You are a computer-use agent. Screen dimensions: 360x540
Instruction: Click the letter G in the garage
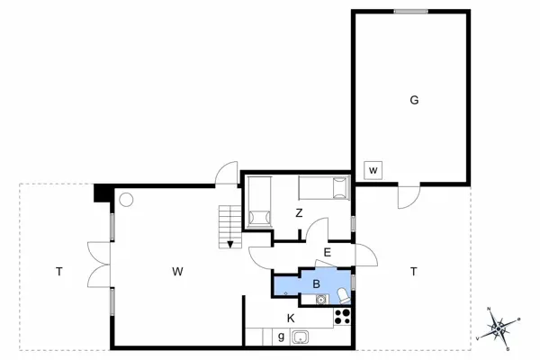point(414,100)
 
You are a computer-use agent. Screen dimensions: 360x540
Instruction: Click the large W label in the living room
point(178,270)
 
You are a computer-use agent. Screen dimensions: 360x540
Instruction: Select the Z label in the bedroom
point(299,213)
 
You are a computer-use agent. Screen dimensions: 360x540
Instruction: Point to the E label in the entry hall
point(328,252)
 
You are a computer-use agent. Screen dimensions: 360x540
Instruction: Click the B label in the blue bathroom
point(316,283)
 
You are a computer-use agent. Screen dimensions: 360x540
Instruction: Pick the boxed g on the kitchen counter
point(281,337)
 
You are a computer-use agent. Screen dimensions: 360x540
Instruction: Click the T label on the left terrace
point(58,270)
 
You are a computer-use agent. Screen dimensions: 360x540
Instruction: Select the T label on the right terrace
point(413,270)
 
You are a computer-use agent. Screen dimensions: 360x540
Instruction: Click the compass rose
point(499,328)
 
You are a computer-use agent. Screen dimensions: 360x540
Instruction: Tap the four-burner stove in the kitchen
point(342,316)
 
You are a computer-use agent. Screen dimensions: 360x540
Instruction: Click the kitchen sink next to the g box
point(301,337)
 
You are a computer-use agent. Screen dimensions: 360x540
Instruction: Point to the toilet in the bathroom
point(344,296)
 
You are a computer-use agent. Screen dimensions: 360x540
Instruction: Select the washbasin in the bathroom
point(319,299)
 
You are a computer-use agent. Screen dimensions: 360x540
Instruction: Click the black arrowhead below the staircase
point(231,243)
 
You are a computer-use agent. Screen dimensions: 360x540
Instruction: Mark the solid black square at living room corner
point(101,193)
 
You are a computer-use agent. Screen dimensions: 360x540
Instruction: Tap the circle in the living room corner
point(127,199)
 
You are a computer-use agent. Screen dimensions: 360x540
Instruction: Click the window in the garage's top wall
point(409,12)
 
